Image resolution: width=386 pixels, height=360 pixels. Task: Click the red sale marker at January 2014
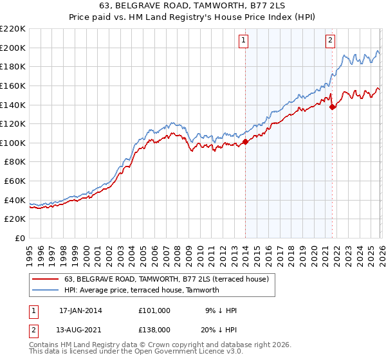[x=245, y=141]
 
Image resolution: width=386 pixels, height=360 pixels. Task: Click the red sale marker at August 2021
[x=332, y=107]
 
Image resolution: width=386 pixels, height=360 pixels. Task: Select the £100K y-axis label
[x=13, y=143]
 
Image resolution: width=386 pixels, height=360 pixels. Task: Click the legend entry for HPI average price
[x=142, y=290]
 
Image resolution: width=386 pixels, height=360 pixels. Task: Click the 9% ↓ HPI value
[x=221, y=310]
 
